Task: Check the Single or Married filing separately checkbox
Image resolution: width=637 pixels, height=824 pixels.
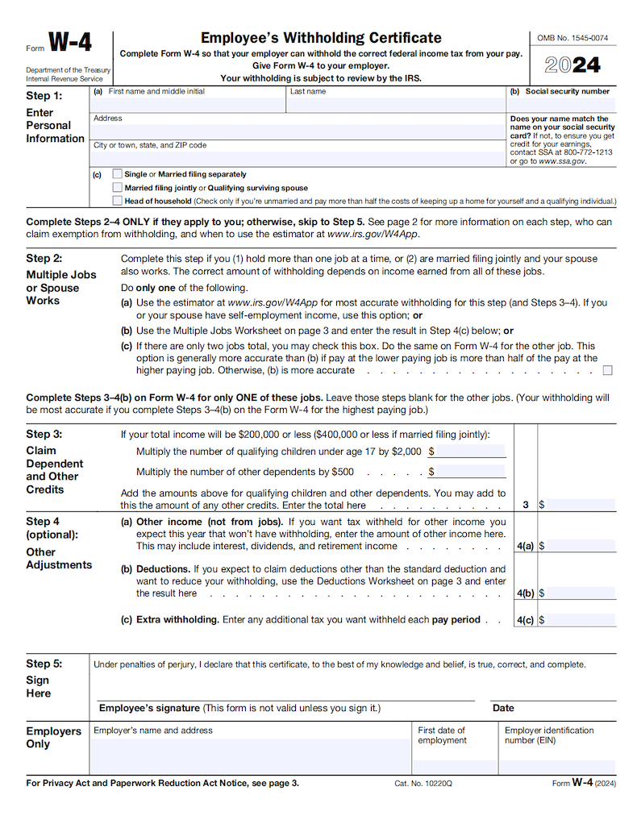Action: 119,174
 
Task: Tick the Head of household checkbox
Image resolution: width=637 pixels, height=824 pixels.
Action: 119,201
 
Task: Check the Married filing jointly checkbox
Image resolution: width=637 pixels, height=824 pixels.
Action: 119,188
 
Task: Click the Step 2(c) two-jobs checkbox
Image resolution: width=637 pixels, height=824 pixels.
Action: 607,370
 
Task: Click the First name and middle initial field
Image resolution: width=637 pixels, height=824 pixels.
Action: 189,105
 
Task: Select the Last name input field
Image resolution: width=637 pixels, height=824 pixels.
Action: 395,105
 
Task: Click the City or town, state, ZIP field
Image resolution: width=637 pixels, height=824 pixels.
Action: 298,158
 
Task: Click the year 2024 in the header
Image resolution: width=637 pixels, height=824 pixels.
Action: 573,65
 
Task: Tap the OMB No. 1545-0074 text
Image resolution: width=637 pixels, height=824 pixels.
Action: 572,38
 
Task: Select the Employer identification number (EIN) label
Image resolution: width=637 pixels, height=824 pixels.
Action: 548,735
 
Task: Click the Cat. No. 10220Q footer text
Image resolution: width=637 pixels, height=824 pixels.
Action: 423,783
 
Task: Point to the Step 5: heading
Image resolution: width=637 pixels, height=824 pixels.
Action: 44,664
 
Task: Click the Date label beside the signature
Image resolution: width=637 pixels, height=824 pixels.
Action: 503,708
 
